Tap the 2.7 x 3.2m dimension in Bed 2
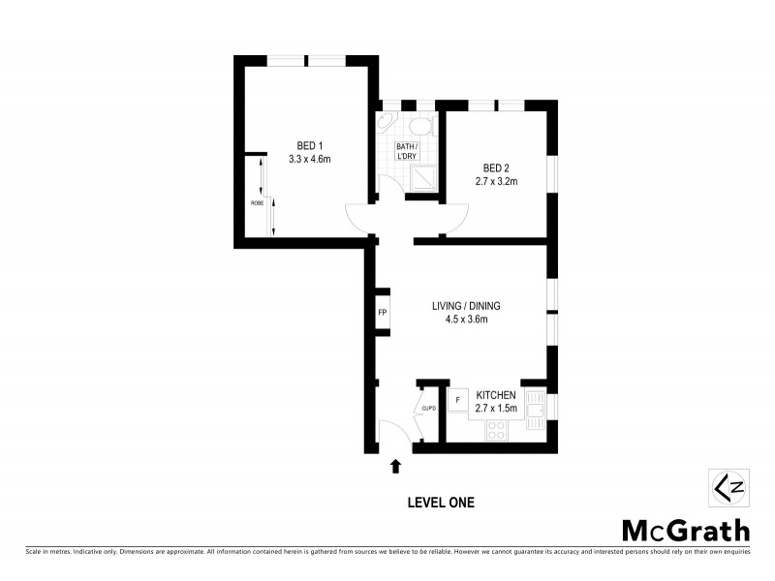point(495,180)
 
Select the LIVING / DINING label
point(466,306)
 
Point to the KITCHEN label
point(495,396)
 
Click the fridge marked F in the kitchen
point(456,399)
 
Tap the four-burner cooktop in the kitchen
point(499,428)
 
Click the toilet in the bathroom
point(420,125)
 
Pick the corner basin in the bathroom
point(386,124)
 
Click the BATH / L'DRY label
point(406,153)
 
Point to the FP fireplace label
point(383,313)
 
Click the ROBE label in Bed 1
point(257,202)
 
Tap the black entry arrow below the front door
point(395,467)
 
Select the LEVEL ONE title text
point(439,502)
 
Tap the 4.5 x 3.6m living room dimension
point(466,320)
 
